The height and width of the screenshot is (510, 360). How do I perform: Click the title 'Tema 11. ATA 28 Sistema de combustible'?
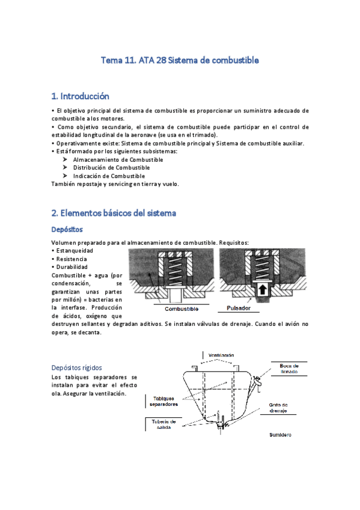pos(180,60)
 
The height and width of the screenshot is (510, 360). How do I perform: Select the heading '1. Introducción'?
pos(81,96)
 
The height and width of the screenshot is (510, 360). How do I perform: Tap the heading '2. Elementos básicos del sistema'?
pos(114,213)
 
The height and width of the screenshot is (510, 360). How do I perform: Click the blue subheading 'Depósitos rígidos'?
pos(76,367)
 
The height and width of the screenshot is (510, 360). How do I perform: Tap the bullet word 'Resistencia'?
pos(72,259)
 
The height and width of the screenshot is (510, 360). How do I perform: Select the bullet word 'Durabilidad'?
pos(72,266)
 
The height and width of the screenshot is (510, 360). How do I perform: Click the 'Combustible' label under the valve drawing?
pos(181,309)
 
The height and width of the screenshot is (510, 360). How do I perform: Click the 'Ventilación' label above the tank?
pos(221,355)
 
